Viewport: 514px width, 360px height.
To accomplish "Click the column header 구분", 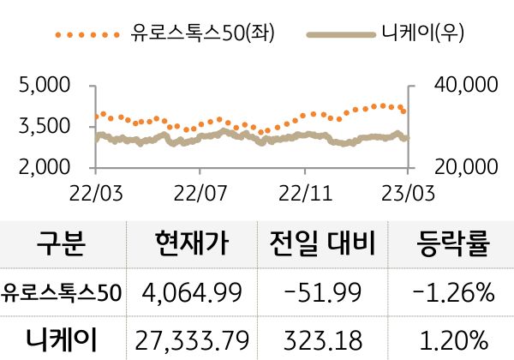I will [x=61, y=244].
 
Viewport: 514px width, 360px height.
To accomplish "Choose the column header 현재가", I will [x=193, y=244].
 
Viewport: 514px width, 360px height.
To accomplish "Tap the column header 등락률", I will [x=453, y=244].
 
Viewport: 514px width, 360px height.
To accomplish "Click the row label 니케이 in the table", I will [x=62, y=337].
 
